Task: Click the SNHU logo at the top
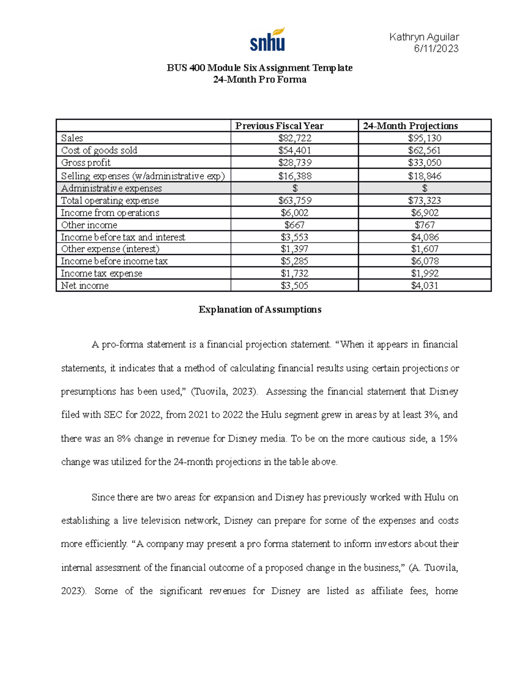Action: point(267,39)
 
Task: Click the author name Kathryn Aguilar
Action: point(424,37)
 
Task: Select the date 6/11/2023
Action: point(436,49)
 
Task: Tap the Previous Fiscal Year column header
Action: point(279,126)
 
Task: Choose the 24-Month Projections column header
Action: point(410,126)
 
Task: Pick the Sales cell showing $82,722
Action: point(295,138)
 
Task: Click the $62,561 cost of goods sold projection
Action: point(424,150)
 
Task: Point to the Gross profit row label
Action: point(86,163)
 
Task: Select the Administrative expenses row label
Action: point(111,189)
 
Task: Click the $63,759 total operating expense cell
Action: point(295,201)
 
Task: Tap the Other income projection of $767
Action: point(424,225)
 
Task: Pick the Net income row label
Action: point(85,286)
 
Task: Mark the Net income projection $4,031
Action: point(424,286)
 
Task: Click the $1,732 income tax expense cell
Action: point(295,273)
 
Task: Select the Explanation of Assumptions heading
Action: point(260,309)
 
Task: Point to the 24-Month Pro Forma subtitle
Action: point(260,80)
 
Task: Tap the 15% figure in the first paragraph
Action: point(448,439)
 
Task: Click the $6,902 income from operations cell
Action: point(424,213)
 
